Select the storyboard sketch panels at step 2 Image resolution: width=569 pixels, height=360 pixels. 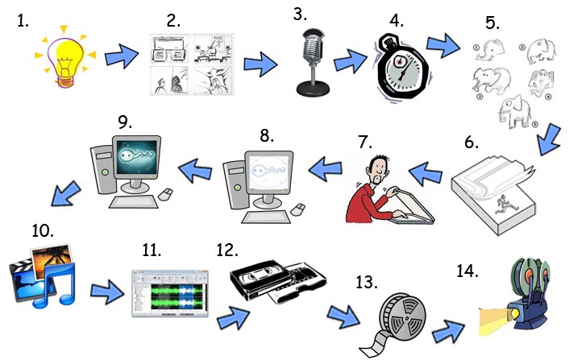click(191, 64)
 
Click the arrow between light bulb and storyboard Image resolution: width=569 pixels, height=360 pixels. click(121, 56)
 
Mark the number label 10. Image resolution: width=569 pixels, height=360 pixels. click(42, 230)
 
